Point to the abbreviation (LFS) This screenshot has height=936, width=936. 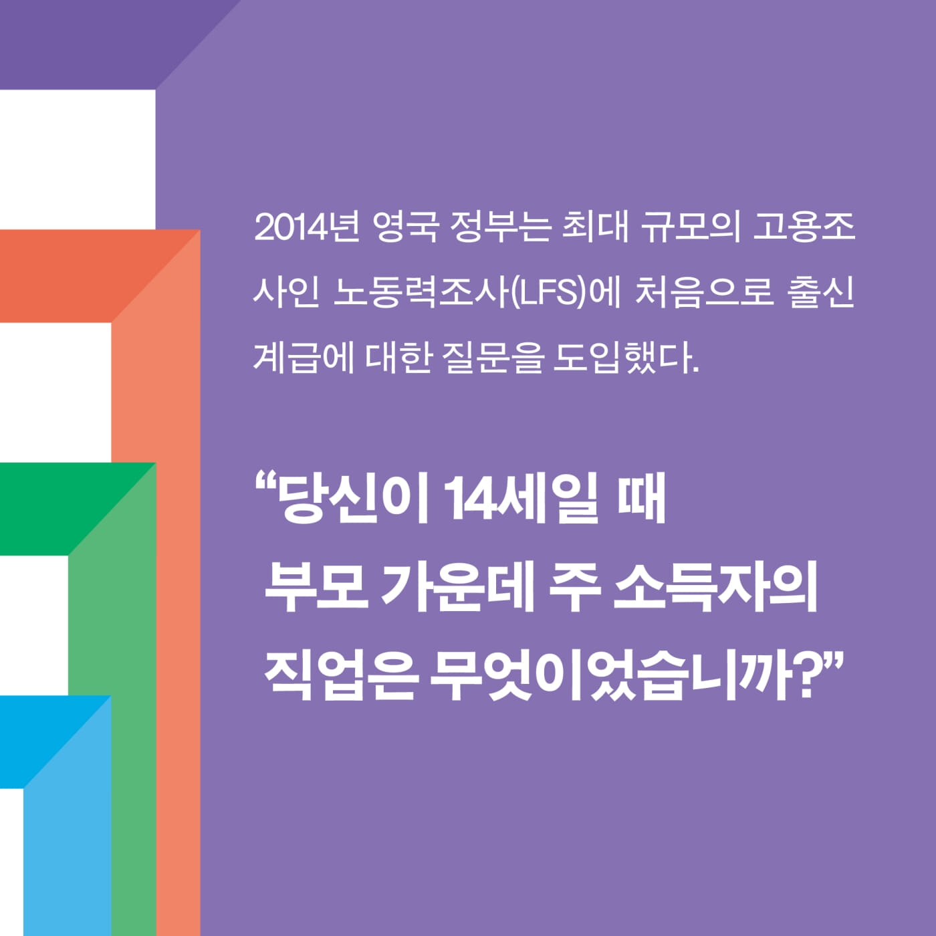click(x=547, y=293)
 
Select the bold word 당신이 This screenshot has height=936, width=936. click(x=353, y=499)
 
